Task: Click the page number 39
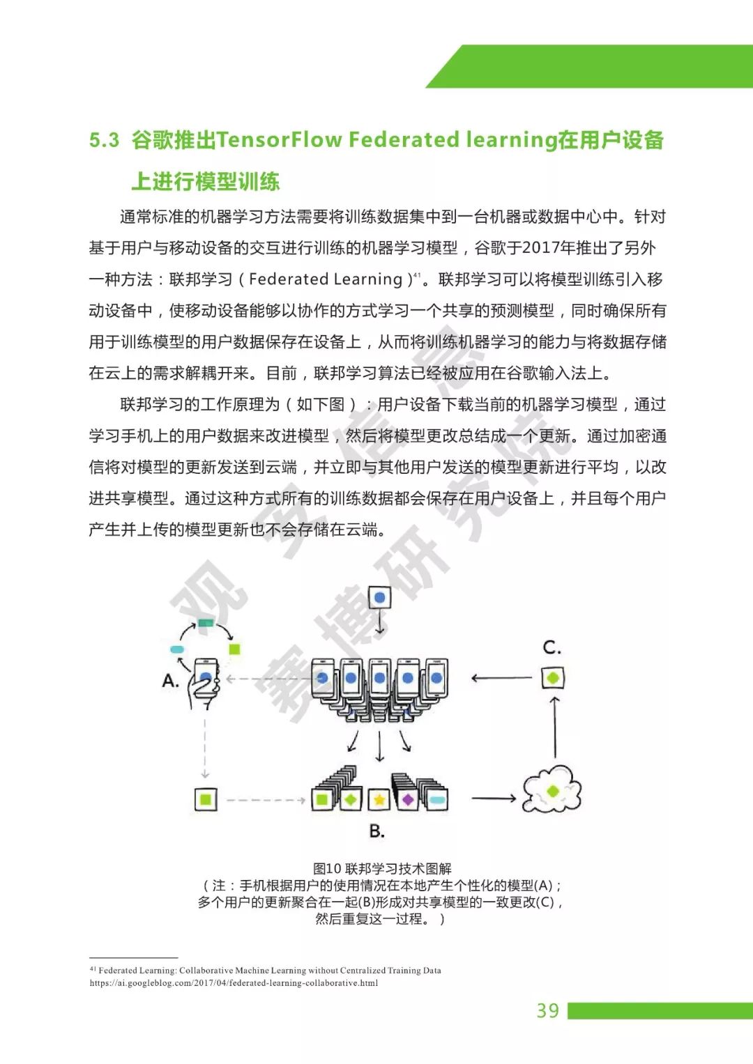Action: point(547,1010)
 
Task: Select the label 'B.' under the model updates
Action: point(377,831)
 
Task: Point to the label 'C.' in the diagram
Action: point(552,647)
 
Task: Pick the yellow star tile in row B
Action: point(379,799)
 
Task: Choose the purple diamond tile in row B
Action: point(408,799)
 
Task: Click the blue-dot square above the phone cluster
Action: point(380,598)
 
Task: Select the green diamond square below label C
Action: point(553,677)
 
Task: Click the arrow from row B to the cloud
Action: point(494,799)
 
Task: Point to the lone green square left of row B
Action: point(206,799)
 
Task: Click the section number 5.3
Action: point(105,140)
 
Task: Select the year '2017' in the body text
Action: point(538,248)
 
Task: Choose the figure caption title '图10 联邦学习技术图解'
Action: point(382,868)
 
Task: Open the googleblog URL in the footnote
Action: point(234,983)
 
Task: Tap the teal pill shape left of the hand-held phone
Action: point(177,649)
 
